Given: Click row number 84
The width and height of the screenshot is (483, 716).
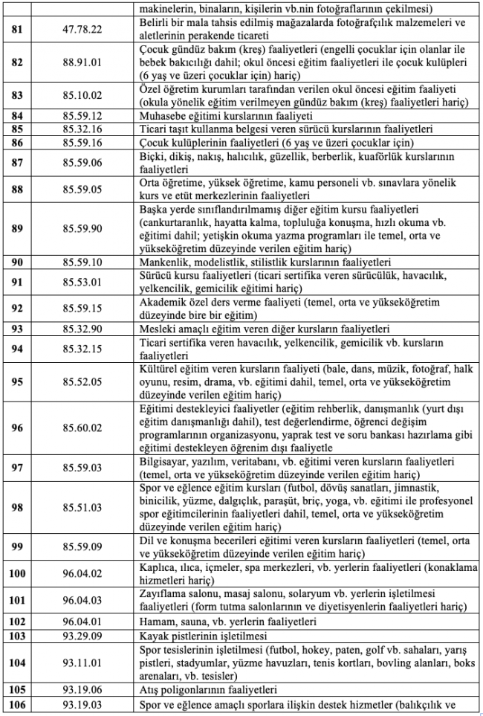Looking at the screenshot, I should coord(17,116).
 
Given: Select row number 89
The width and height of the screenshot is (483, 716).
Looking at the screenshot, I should coord(17,228).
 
